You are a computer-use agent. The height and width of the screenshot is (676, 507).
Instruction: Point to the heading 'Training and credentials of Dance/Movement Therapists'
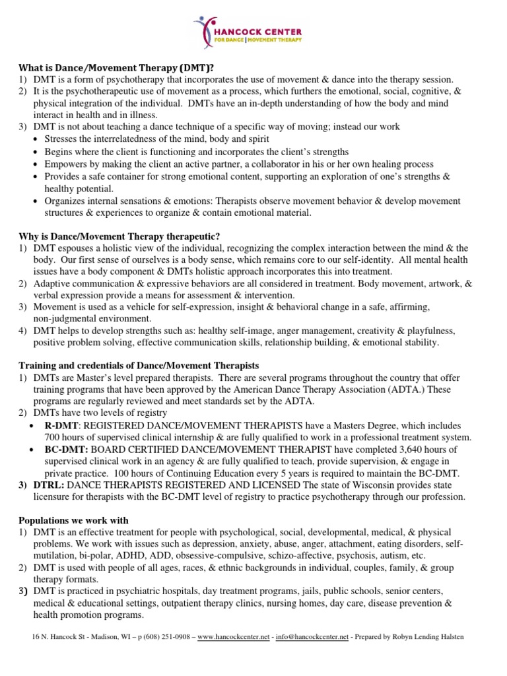[x=139, y=365]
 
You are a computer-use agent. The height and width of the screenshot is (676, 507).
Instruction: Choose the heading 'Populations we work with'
[x=73, y=520]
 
